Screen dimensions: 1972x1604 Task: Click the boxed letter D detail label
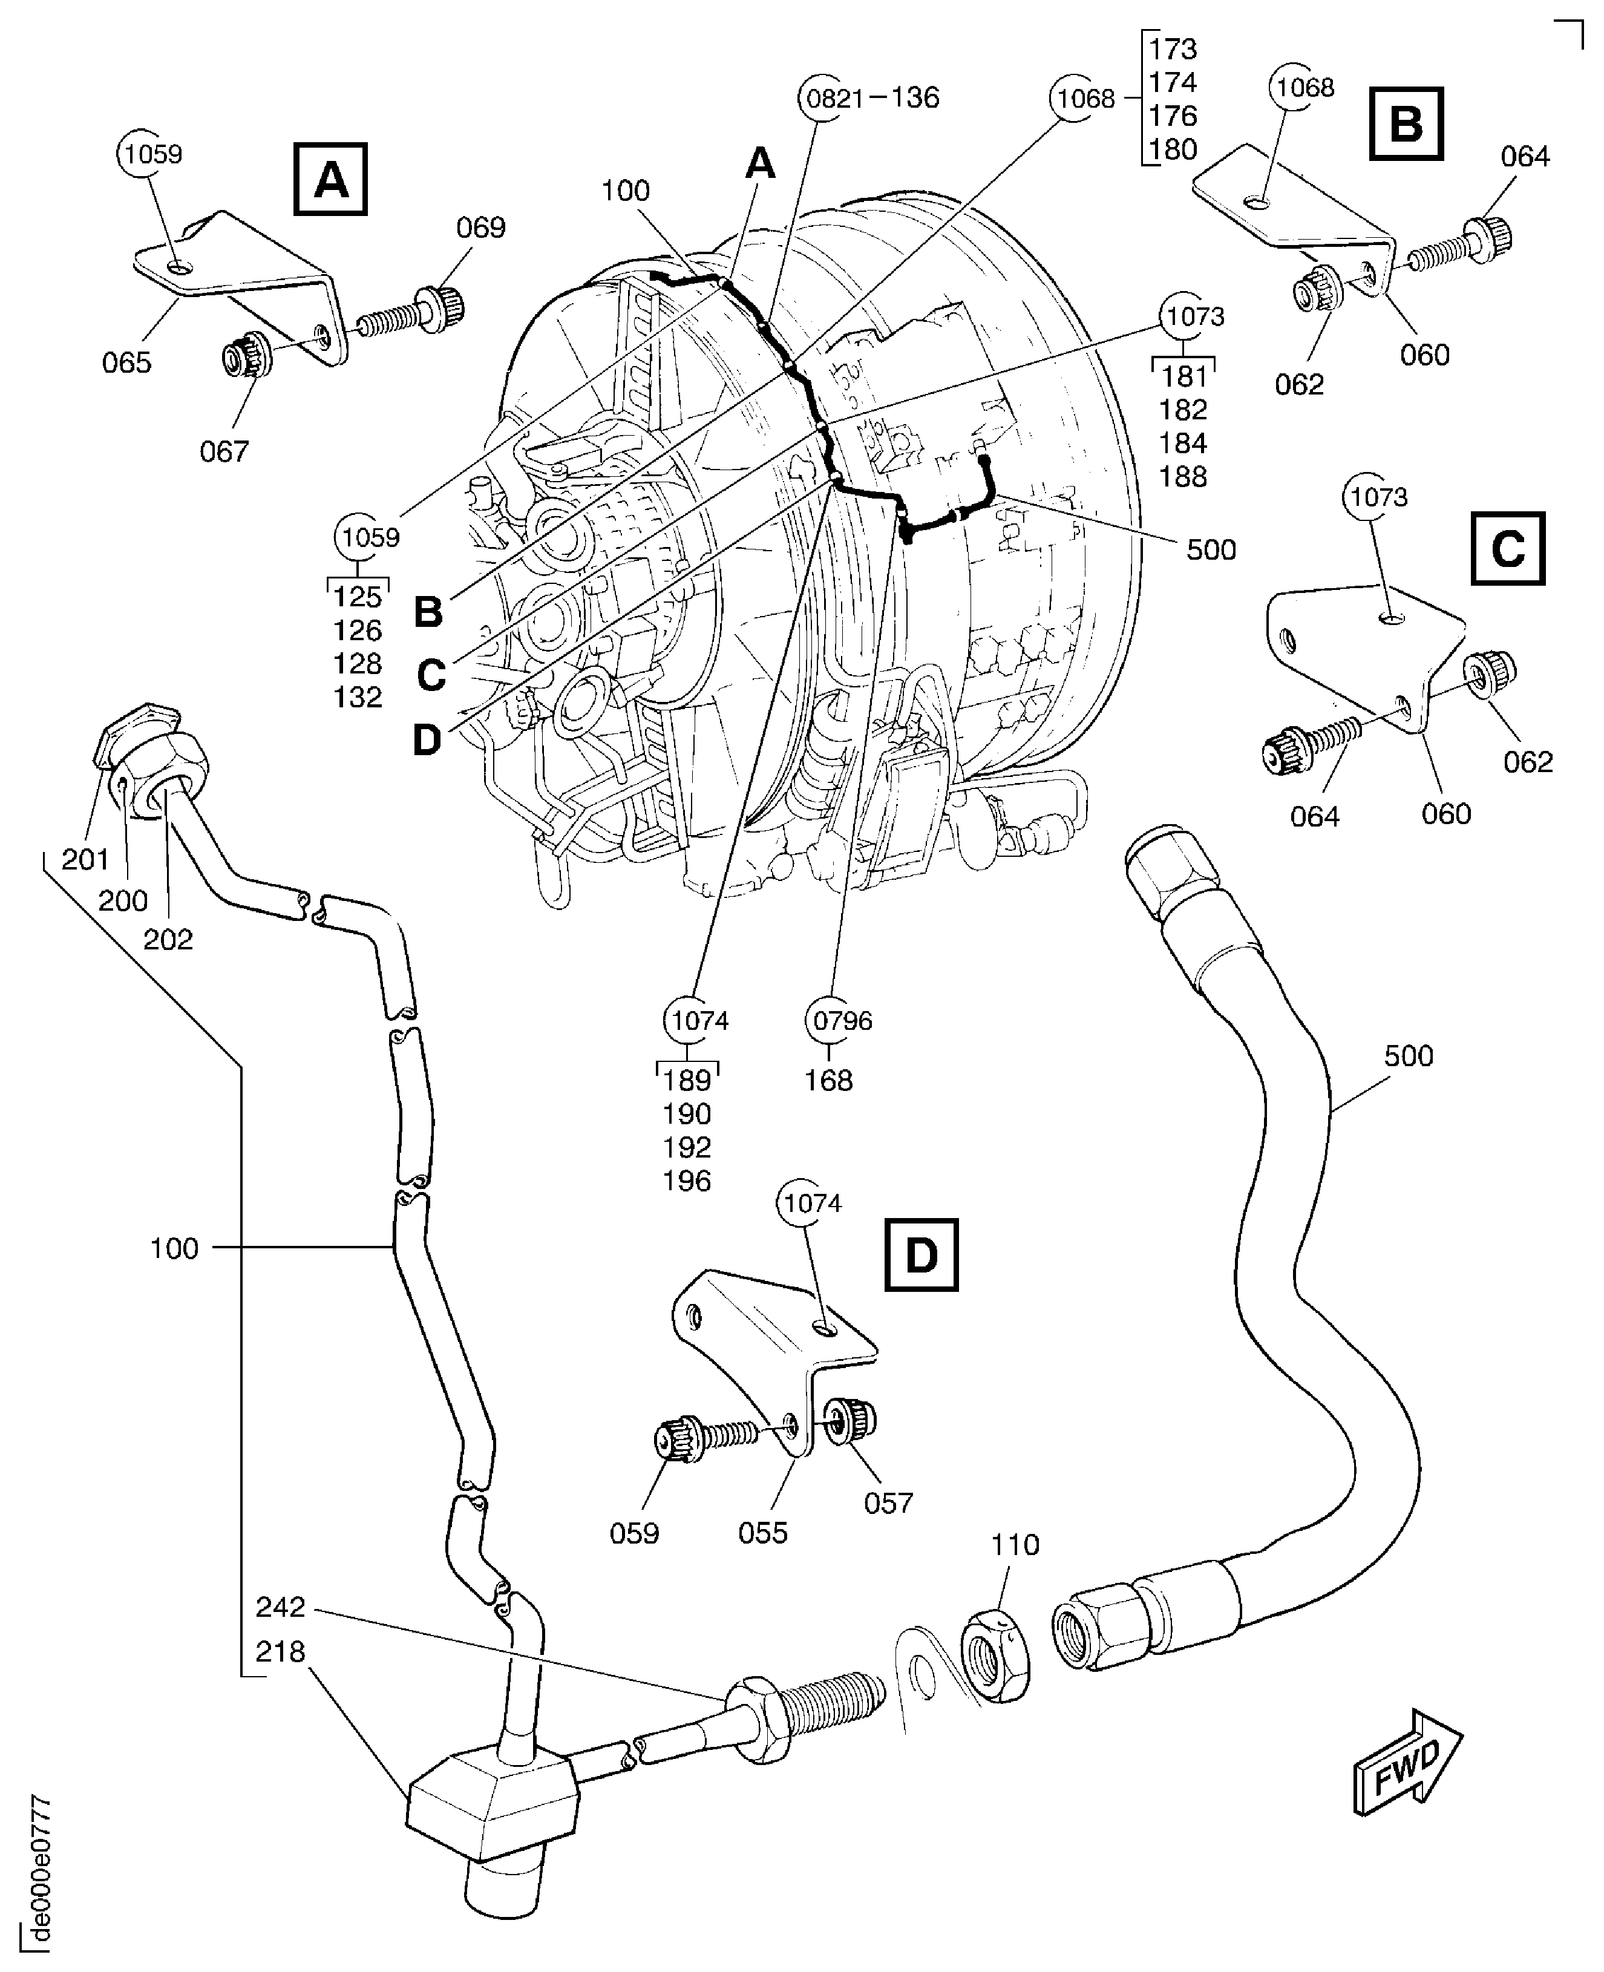pos(921,1255)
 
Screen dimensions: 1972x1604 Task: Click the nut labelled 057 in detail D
pos(852,1418)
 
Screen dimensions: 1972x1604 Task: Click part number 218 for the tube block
pos(280,1651)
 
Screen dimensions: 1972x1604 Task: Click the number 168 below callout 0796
pos(828,1080)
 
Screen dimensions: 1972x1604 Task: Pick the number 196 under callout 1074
pos(687,1181)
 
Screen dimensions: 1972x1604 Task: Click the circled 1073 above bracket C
pos(1378,497)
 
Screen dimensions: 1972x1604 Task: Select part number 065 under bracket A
pos(126,362)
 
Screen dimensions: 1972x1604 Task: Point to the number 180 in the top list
pos(1173,149)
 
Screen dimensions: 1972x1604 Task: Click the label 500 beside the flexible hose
pos(1408,1055)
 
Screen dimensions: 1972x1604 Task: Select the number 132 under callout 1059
pos(358,696)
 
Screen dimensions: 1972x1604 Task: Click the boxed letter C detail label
pos(1507,549)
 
